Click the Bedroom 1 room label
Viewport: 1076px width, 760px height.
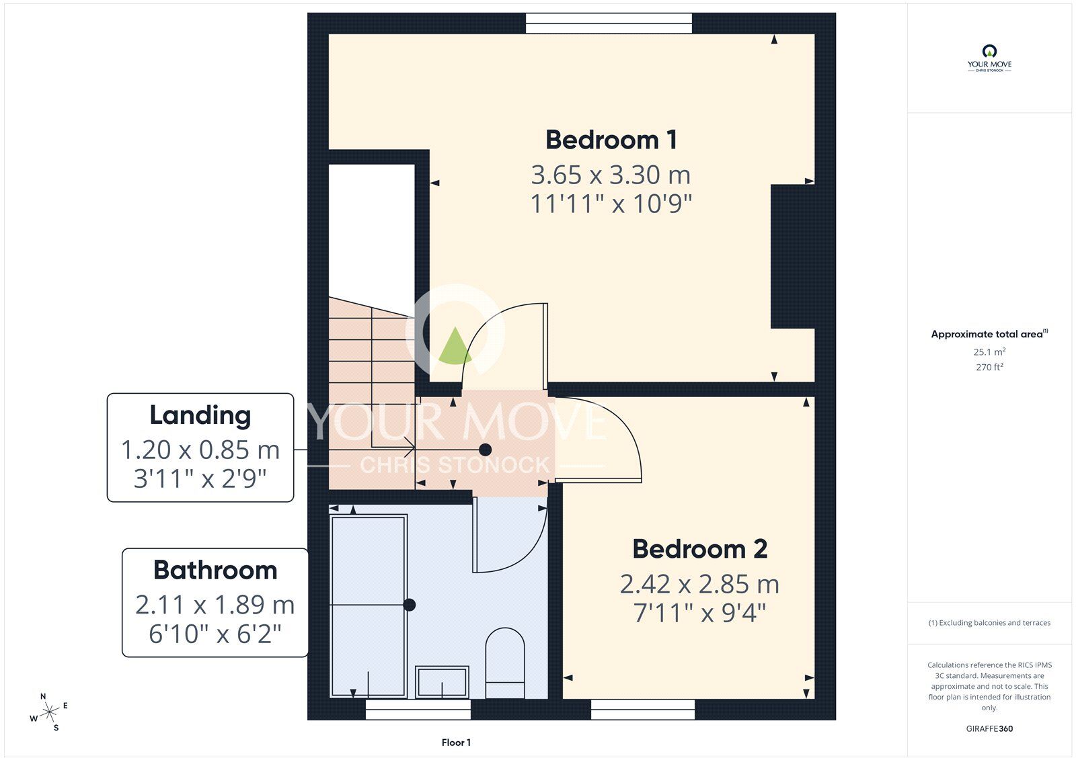pyautogui.click(x=611, y=140)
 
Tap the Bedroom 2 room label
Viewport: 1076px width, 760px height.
pyautogui.click(x=699, y=549)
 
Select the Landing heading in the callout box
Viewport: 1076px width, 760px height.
pyautogui.click(x=200, y=415)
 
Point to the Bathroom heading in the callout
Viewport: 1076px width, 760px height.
pyautogui.click(x=215, y=571)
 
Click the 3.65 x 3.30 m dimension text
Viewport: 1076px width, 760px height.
pyautogui.click(x=611, y=175)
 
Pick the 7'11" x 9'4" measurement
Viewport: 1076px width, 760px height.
pyautogui.click(x=699, y=613)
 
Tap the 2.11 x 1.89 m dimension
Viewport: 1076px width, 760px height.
pyautogui.click(x=215, y=605)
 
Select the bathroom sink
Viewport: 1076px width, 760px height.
pyautogui.click(x=442, y=681)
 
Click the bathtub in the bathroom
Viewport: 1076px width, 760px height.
pyautogui.click(x=369, y=605)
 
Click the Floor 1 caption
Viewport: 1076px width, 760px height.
pyautogui.click(x=456, y=743)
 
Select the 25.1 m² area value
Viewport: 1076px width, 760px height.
pyautogui.click(x=989, y=352)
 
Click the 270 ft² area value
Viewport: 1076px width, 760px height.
pyautogui.click(x=989, y=368)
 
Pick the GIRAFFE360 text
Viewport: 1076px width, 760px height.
pyautogui.click(x=989, y=728)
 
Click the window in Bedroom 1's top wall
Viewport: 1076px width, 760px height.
pyautogui.click(x=609, y=24)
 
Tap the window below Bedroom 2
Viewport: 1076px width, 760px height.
pyautogui.click(x=643, y=710)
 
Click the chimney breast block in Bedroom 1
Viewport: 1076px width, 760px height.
pyautogui.click(x=793, y=257)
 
